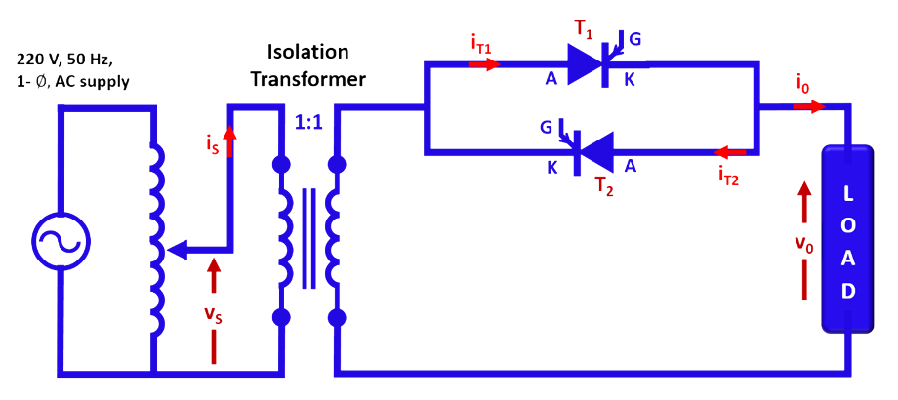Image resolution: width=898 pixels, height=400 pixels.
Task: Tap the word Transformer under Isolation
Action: click(308, 79)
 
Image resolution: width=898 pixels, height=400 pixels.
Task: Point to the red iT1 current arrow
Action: click(484, 65)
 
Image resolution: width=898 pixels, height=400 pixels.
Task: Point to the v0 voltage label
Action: click(801, 247)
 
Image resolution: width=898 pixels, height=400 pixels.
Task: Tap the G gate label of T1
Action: click(635, 40)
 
